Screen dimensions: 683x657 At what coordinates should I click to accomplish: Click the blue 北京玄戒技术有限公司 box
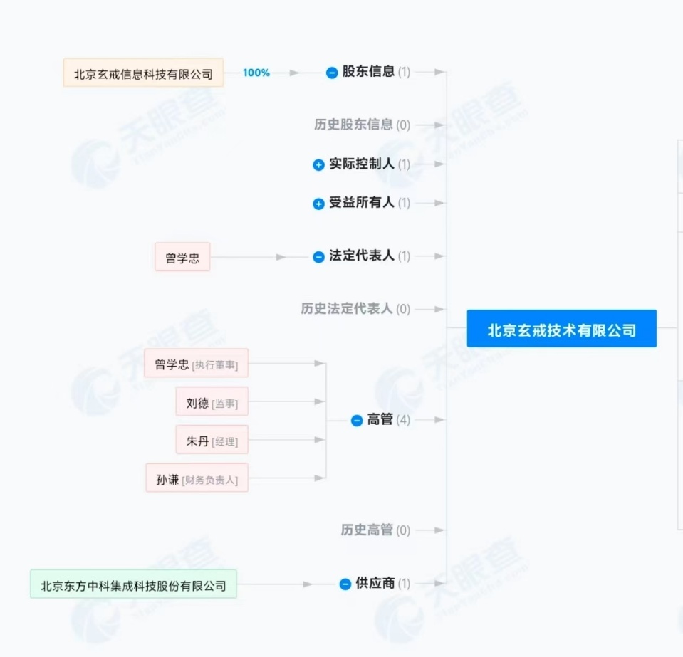tap(561, 328)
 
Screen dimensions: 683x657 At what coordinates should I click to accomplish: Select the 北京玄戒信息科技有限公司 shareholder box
tap(143, 73)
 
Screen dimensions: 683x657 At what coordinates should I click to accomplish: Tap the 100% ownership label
tap(256, 73)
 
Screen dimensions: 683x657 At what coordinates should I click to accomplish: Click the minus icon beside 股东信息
tap(332, 73)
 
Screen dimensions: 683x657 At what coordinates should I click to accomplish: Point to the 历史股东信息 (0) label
tap(362, 125)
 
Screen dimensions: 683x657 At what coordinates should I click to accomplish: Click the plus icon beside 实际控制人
tap(319, 164)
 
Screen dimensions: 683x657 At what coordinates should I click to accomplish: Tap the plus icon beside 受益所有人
tap(319, 204)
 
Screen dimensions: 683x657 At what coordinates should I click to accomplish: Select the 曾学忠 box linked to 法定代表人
tap(182, 257)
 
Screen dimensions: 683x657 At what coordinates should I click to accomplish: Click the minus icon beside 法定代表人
tap(319, 256)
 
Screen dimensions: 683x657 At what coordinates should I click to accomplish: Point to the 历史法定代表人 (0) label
tap(355, 309)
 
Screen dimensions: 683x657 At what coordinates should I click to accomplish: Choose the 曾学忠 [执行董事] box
tap(197, 363)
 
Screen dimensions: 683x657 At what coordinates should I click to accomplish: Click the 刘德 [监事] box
tap(212, 401)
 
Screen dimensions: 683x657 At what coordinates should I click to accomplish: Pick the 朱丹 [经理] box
tap(212, 440)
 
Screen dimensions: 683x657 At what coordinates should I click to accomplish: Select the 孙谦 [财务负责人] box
tap(197, 478)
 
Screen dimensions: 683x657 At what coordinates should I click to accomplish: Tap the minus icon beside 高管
tap(357, 421)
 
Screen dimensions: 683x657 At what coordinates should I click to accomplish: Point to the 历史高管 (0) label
tap(375, 530)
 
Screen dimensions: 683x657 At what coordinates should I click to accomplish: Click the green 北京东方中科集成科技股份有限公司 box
tap(133, 584)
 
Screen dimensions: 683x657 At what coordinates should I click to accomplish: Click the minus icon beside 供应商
tap(345, 584)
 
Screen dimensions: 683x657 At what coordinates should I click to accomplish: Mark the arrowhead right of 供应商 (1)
tap(439, 584)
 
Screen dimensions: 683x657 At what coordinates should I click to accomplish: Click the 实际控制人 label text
tap(362, 164)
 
